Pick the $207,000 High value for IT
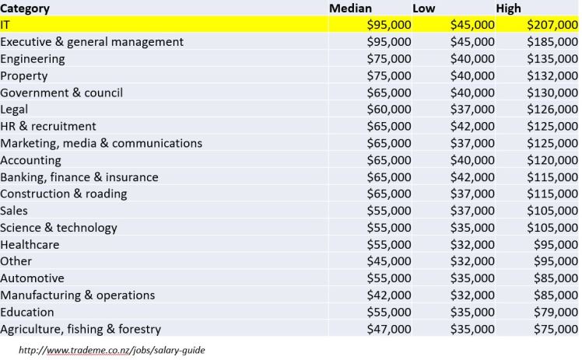tap(549, 25)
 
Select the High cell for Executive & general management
tap(549, 42)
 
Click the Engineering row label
tap(33, 59)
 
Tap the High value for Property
tap(549, 76)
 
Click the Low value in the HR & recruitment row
tap(468, 126)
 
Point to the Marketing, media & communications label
tap(101, 143)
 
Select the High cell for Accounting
tap(549, 160)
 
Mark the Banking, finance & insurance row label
tap(79, 177)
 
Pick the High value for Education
tap(552, 313)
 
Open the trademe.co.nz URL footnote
tap(111, 350)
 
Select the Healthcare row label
tap(30, 245)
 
